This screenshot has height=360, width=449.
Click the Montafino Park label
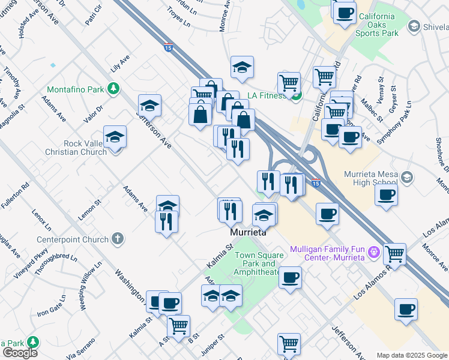75,90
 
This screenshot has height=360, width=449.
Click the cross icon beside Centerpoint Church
118,239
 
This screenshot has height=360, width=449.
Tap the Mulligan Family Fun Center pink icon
374,253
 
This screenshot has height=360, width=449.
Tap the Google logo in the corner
20,353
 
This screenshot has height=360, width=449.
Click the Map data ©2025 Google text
412,355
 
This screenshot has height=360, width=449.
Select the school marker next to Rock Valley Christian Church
115,137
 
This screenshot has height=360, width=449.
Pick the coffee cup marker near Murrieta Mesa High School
385,194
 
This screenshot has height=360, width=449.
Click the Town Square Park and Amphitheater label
258,263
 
